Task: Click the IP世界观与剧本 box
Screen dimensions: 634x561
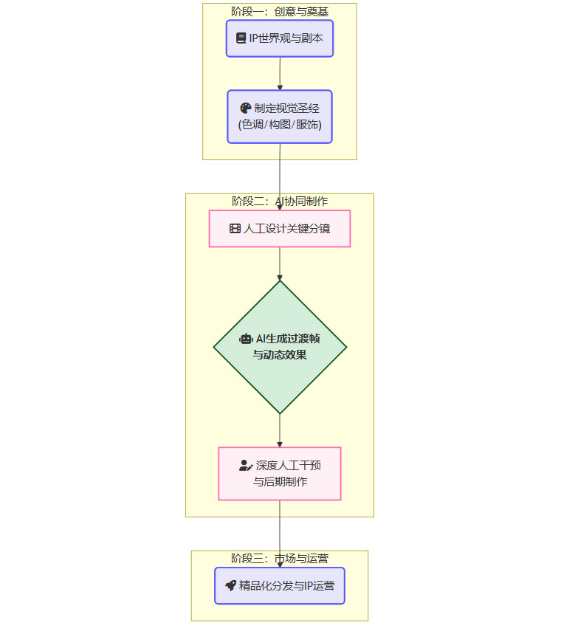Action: coord(280,38)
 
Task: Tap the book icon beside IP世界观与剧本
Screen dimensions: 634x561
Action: coord(241,38)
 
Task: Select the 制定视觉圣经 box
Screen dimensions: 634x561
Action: coord(280,117)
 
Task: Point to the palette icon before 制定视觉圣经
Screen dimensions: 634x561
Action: coord(246,108)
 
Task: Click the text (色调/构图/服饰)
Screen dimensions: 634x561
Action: coord(280,125)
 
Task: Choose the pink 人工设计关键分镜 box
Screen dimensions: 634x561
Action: coord(280,229)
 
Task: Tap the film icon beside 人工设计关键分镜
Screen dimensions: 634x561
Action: coord(235,229)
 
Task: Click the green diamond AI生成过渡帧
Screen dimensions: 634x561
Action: coord(280,347)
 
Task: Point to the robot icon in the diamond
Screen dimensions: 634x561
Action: coord(246,339)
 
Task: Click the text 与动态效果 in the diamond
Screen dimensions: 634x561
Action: coord(280,355)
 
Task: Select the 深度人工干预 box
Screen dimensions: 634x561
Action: coord(280,474)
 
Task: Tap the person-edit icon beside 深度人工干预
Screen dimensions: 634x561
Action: coord(246,466)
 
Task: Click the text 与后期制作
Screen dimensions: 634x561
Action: coord(280,482)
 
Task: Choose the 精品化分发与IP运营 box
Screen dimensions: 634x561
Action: coord(280,586)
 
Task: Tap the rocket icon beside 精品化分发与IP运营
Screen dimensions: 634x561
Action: coord(230,586)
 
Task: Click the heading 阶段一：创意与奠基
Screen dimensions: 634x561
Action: coord(280,11)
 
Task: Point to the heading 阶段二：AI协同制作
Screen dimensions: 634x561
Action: coord(280,201)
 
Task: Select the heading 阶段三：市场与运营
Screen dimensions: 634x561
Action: coord(280,558)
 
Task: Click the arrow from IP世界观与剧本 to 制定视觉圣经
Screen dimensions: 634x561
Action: coord(280,74)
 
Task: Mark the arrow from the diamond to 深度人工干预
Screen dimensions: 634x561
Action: coord(280,430)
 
